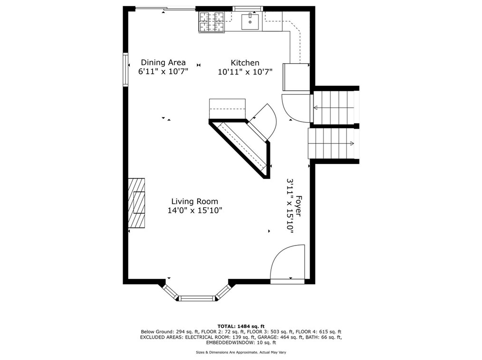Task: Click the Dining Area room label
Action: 163,62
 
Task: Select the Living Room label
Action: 194,201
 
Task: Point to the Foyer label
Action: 299,206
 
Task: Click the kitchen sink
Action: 250,20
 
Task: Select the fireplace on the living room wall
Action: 136,203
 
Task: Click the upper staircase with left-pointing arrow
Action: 334,108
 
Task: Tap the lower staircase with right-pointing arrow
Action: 333,143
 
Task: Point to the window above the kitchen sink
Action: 248,9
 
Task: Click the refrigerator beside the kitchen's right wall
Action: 296,76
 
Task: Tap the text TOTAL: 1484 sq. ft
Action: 241,326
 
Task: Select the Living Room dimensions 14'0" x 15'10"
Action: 194,210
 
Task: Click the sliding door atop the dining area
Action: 165,9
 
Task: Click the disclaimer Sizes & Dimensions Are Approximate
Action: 241,352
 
